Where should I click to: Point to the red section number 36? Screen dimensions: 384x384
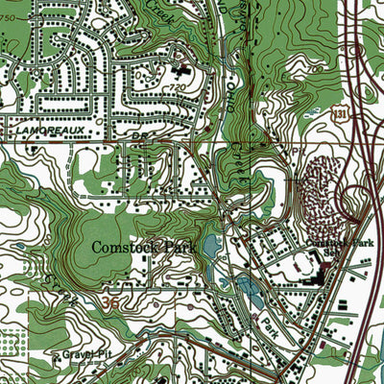point(111,301)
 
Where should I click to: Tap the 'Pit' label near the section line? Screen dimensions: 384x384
point(298,150)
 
